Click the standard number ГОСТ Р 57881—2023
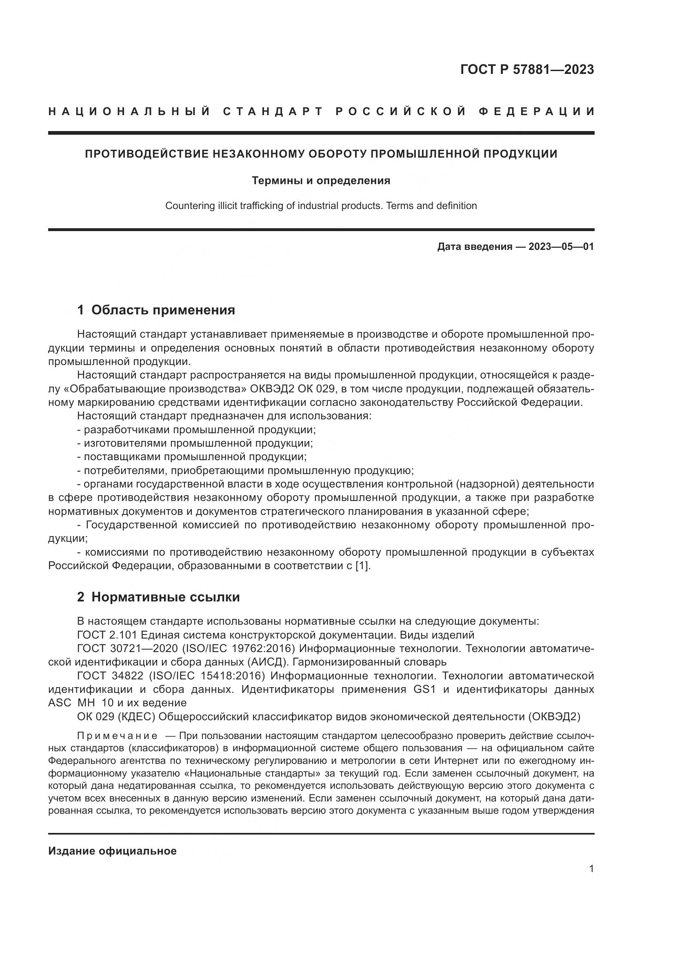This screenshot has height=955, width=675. (526, 69)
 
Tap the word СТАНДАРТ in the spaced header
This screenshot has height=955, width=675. (273, 111)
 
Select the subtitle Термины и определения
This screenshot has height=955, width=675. (321, 180)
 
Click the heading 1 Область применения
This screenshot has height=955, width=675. (156, 310)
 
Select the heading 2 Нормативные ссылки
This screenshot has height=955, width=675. (158, 597)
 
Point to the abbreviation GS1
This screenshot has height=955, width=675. (424, 690)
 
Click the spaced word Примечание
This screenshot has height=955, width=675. (117, 736)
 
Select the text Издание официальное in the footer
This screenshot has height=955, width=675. (112, 851)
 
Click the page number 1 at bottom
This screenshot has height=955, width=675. (591, 869)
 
